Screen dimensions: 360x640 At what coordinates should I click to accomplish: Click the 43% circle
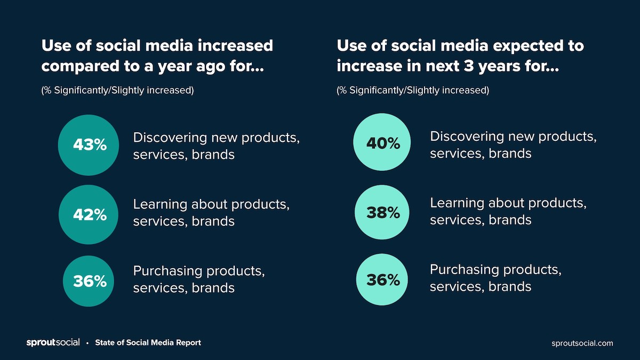click(90, 145)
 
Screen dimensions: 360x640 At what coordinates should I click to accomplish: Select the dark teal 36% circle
click(90, 281)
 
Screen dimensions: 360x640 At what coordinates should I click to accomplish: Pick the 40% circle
click(383, 142)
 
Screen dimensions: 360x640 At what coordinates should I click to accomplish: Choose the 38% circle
click(383, 212)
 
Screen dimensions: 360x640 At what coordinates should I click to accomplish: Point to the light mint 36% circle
click(383, 279)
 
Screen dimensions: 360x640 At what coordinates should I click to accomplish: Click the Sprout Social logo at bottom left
click(53, 342)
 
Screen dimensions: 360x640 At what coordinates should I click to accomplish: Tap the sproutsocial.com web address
click(582, 343)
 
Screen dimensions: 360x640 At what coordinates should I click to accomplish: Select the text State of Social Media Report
click(148, 342)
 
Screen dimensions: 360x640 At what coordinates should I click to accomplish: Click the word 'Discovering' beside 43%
click(169, 138)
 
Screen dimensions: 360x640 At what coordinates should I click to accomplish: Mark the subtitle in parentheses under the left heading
click(117, 90)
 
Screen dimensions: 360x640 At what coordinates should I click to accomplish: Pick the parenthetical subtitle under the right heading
click(413, 90)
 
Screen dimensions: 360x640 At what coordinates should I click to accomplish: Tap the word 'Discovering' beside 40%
click(466, 137)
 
